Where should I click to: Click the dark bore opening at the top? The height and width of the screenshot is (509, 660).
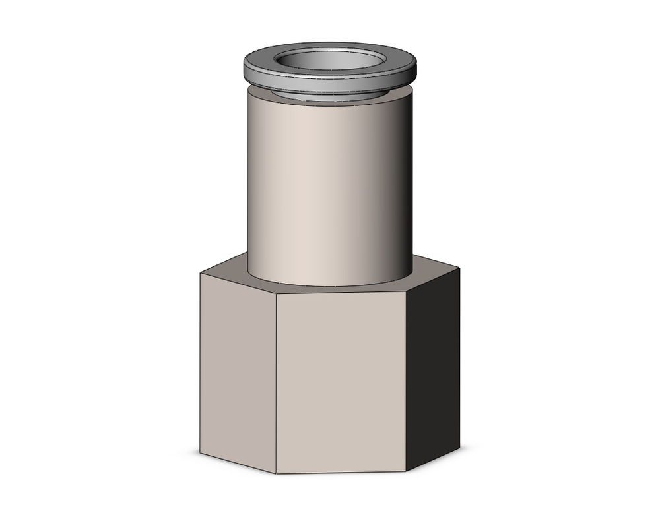329,61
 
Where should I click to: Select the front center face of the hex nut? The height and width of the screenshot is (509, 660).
341,382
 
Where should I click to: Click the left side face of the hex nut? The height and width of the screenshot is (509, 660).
238,369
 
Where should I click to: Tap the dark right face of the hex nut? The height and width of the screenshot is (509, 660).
432,369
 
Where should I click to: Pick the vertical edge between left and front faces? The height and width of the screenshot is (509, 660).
276,382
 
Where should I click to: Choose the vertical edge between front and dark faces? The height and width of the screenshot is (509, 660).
405,382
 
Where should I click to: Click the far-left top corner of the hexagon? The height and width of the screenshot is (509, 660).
200,273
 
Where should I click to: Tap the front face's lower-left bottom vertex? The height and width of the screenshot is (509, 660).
276,473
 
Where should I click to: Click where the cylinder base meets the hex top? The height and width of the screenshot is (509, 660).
329,285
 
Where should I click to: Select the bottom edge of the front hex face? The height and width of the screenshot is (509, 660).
341,472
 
